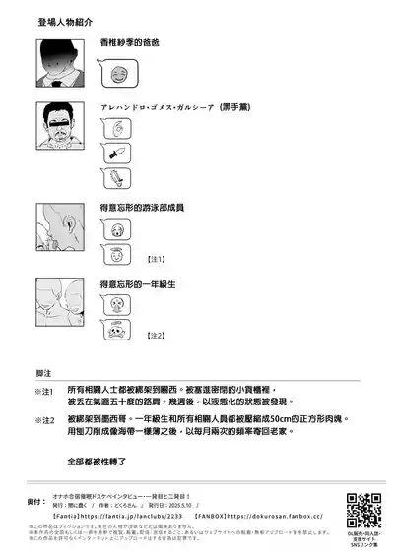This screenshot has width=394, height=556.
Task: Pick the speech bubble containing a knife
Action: coord(114,154)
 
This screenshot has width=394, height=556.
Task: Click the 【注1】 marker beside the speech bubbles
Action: coord(157,260)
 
